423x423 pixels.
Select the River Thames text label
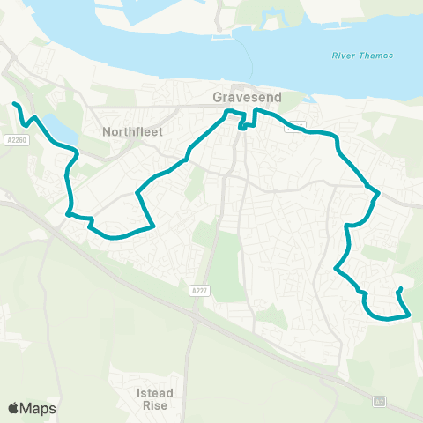(x=356, y=56)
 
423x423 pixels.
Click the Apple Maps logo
(x=32, y=408)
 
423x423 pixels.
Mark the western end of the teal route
(x=14, y=104)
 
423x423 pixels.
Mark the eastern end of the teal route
(x=401, y=289)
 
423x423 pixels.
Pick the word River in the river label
(x=341, y=56)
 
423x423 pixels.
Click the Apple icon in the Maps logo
(x=14, y=408)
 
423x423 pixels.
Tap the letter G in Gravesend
(x=219, y=96)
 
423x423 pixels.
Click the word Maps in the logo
(x=39, y=408)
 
